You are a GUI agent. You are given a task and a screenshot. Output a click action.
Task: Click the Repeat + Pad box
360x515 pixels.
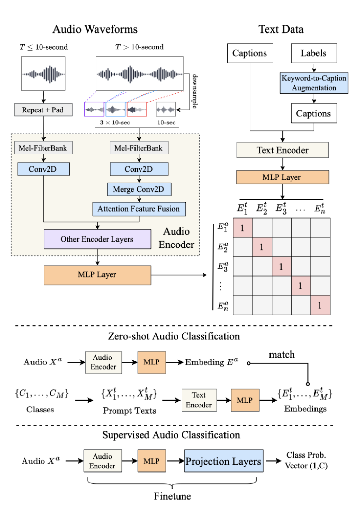click(43, 110)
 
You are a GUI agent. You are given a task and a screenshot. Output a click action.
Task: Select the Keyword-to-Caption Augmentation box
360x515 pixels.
click(314, 83)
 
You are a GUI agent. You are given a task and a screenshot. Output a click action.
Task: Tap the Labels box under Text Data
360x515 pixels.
click(314, 53)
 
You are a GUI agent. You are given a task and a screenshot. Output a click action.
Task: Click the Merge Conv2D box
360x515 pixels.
click(139, 189)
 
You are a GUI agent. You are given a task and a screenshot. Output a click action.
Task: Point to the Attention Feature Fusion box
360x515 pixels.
click(139, 209)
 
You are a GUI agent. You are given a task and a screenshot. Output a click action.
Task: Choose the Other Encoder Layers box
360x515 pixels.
click(97, 239)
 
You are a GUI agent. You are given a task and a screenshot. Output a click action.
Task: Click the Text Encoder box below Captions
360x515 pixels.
click(282, 150)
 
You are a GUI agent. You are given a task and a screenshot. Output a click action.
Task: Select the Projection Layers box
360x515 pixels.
click(224, 461)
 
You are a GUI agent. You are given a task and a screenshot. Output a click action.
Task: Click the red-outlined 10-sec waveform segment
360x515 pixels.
click(136, 109)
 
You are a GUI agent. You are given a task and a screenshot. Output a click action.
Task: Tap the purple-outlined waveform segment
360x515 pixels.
click(94, 109)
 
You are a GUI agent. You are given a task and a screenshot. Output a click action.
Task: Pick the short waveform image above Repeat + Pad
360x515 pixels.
click(43, 74)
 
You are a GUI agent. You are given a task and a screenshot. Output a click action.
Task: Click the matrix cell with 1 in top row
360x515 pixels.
click(243, 228)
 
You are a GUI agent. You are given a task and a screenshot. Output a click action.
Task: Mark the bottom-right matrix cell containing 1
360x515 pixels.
click(320, 305)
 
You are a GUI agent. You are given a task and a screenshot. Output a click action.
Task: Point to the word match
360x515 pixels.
click(282, 355)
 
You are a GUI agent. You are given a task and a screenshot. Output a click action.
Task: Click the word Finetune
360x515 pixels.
click(172, 496)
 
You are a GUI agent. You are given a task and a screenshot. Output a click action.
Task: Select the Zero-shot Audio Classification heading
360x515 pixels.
click(174, 336)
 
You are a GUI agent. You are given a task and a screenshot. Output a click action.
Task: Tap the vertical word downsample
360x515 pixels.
click(194, 91)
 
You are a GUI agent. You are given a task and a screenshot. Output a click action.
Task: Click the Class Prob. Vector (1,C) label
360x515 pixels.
click(306, 460)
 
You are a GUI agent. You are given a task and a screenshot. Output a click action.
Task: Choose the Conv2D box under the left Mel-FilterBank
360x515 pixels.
click(43, 169)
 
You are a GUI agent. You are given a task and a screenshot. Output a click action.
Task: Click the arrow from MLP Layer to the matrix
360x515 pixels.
click(179, 275)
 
